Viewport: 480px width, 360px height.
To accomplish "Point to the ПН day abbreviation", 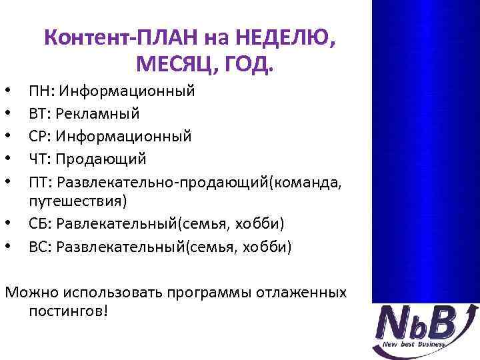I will pos(39,91).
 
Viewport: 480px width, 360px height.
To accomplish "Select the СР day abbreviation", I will pos(38,136).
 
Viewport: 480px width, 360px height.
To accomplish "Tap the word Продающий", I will pos(101,159).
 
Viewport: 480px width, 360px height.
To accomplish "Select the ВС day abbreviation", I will pos(39,247).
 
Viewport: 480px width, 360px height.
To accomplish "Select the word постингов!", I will pos(68,311).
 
